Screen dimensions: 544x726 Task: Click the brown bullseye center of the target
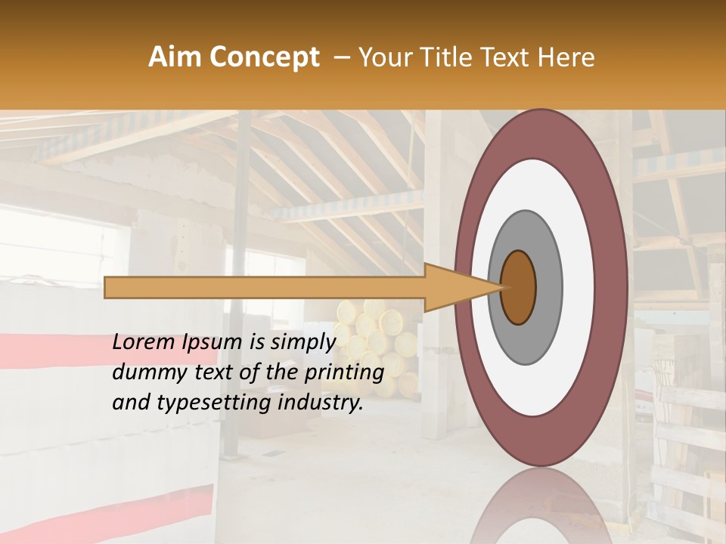tap(518, 287)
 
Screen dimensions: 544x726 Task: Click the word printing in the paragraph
tap(350, 373)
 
